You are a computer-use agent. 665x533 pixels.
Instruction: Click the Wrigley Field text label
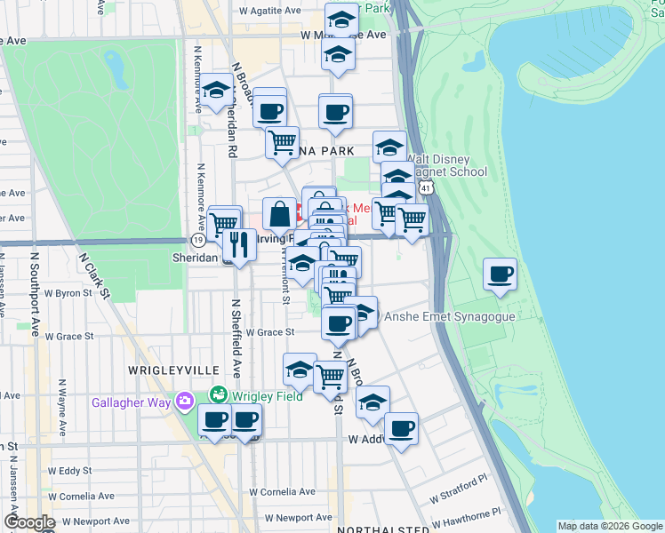click(264, 394)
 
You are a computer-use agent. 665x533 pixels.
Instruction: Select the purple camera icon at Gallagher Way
click(185, 402)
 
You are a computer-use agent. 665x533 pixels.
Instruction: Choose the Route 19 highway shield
click(197, 240)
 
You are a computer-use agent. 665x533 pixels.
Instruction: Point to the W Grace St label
click(269, 332)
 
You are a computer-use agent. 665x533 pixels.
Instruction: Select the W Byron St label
click(68, 292)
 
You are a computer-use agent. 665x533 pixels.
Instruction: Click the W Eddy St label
click(70, 471)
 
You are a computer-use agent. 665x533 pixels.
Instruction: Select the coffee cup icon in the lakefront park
click(500, 274)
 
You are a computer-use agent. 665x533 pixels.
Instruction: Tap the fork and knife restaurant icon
click(239, 244)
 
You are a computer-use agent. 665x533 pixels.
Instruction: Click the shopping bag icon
click(279, 214)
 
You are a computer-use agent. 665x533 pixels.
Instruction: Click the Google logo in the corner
click(29, 523)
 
